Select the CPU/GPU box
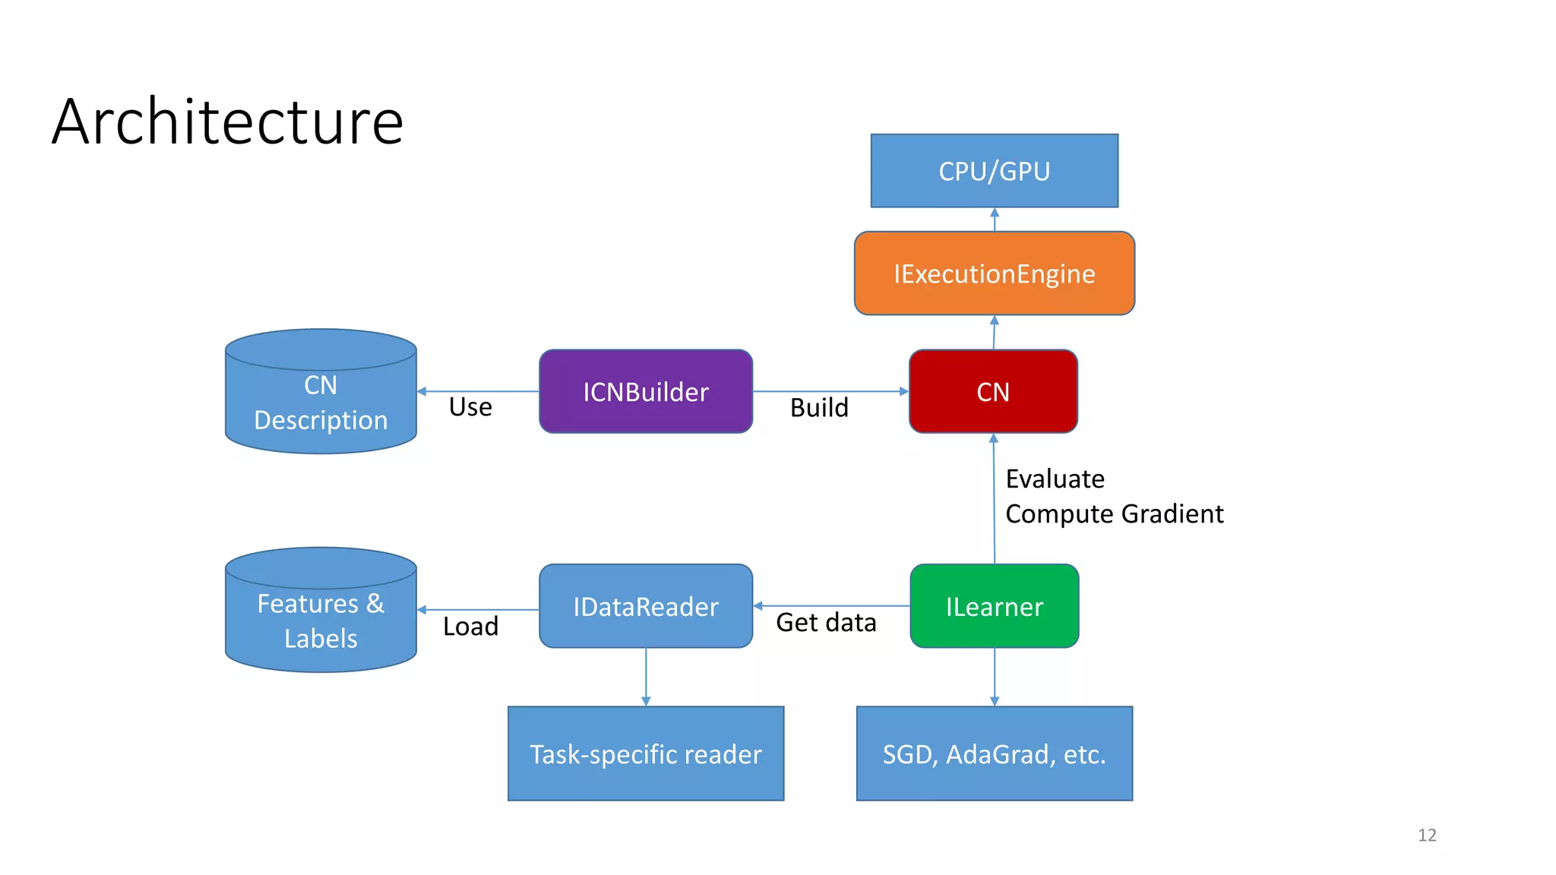pos(994,171)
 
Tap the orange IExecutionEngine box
pos(994,273)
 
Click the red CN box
pos(993,392)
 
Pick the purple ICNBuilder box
pos(646,392)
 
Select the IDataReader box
pos(646,606)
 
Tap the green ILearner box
pos(994,606)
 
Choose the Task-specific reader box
pos(646,753)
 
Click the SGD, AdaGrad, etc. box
pos(994,753)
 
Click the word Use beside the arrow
pos(470,407)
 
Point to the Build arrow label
pos(819,408)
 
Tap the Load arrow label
pos(470,627)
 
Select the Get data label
pos(826,623)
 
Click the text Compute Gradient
pos(1114,514)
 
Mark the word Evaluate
pos(1055,479)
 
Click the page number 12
pos(1427,835)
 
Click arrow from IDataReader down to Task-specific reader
pos(646,676)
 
